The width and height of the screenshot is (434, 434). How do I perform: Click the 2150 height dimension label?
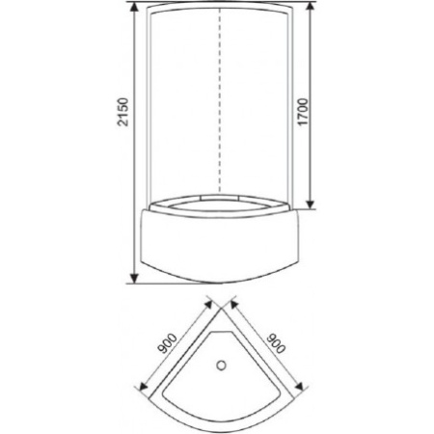coord(123,112)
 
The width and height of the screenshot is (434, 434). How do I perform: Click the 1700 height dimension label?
coord(303,112)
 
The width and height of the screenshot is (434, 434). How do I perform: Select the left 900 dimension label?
coord(167,343)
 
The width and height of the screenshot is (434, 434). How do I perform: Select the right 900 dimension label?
coord(276,343)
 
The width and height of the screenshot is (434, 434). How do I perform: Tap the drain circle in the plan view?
coord(221,365)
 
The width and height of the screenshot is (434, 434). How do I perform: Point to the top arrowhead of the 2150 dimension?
coord(134,7)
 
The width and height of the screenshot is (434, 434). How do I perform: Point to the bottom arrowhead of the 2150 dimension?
coord(134,278)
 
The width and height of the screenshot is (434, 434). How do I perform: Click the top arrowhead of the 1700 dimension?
coord(310,7)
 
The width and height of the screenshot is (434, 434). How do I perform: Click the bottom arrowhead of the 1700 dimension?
coord(310,203)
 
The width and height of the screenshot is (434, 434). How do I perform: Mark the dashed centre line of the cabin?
coord(220,100)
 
